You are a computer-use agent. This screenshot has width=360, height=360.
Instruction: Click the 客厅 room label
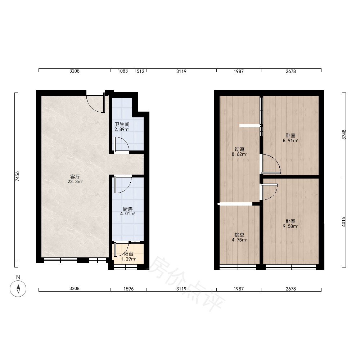click(x=75, y=177)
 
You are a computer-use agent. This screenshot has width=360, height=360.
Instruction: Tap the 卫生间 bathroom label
click(x=122, y=124)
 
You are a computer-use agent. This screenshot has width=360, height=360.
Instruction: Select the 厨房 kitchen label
click(x=128, y=209)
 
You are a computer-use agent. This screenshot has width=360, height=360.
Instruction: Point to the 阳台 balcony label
click(x=129, y=254)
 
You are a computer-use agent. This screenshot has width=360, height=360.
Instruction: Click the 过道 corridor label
click(x=239, y=149)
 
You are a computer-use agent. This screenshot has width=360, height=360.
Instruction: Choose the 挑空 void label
click(x=239, y=235)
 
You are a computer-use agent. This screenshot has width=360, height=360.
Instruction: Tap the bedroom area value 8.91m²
click(x=291, y=140)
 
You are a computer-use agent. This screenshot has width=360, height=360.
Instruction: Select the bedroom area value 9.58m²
click(x=291, y=226)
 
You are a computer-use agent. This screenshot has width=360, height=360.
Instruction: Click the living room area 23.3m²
click(x=75, y=181)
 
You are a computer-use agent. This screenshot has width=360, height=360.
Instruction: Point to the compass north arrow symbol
click(x=18, y=289)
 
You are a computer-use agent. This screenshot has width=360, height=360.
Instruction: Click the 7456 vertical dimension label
click(x=17, y=176)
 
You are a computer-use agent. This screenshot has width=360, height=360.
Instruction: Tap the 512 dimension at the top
click(x=140, y=71)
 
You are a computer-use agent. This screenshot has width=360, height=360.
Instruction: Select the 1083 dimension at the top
click(x=123, y=71)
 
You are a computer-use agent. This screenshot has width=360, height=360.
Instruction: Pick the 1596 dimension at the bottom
click(x=129, y=289)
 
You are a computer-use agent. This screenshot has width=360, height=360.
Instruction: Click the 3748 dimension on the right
click(x=344, y=135)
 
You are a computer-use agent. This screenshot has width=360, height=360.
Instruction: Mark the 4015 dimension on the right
click(x=344, y=222)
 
